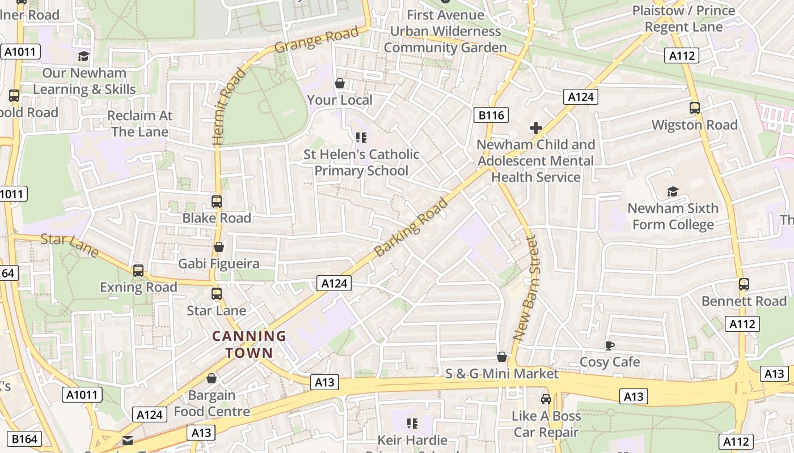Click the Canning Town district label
pos(249,344)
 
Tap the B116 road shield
pos(491,116)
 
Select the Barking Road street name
pos(412,227)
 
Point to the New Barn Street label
pos(525,289)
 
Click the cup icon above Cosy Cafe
pos(610,345)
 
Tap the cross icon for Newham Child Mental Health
pos(535,128)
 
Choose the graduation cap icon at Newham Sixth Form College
pos(673,191)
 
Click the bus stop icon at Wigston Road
pos(695,108)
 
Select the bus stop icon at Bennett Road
pos(744,284)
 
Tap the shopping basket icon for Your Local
pos(340,83)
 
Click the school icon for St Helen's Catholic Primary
pos(361,137)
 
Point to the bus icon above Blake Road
pos(217,201)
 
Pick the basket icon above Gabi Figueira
pos(219,247)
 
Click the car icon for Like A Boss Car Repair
pos(546,399)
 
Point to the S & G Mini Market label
pos(502,374)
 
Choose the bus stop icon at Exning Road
pos(138,271)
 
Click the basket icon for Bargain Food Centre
pos(212,378)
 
